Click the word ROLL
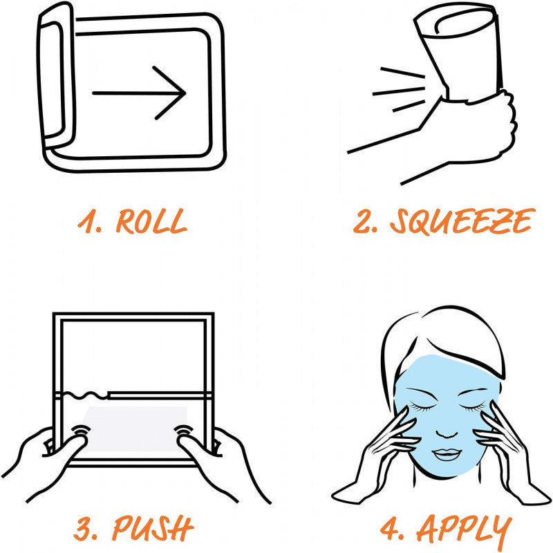coord(151,221)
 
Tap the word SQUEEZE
coord(462,221)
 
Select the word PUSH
coord(153,528)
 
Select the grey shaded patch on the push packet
coord(134,428)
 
